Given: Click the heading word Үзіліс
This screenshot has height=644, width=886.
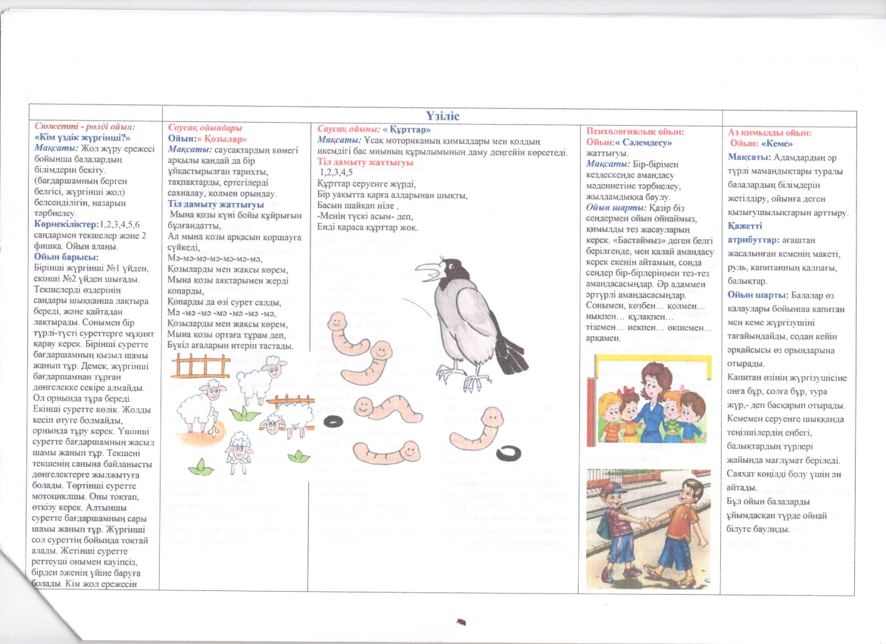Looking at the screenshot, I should coord(442,116).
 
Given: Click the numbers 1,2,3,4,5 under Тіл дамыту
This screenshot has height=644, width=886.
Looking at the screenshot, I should coord(336,172).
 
